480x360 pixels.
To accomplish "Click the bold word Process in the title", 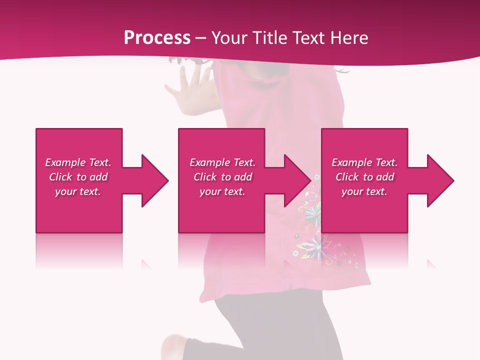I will (x=157, y=38).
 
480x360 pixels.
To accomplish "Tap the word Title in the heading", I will (x=269, y=38).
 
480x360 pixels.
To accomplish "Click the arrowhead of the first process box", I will (x=154, y=180).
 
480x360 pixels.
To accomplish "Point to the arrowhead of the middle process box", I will (x=297, y=180).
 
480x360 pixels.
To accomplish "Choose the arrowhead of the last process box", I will (x=440, y=180).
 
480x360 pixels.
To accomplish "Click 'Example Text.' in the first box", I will (x=78, y=162).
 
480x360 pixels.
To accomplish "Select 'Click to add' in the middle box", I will (x=222, y=177).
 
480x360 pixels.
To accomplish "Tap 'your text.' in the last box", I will (x=364, y=191).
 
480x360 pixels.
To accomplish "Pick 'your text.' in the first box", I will (x=78, y=191).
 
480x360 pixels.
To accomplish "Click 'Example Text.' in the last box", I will (x=364, y=162).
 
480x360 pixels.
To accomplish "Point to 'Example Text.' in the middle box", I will (x=222, y=162).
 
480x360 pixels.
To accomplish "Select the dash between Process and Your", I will (x=200, y=38).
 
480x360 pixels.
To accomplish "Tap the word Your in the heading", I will (x=229, y=38).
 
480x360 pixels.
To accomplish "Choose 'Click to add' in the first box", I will (x=78, y=177).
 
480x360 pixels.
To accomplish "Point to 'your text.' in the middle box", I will (x=222, y=191).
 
